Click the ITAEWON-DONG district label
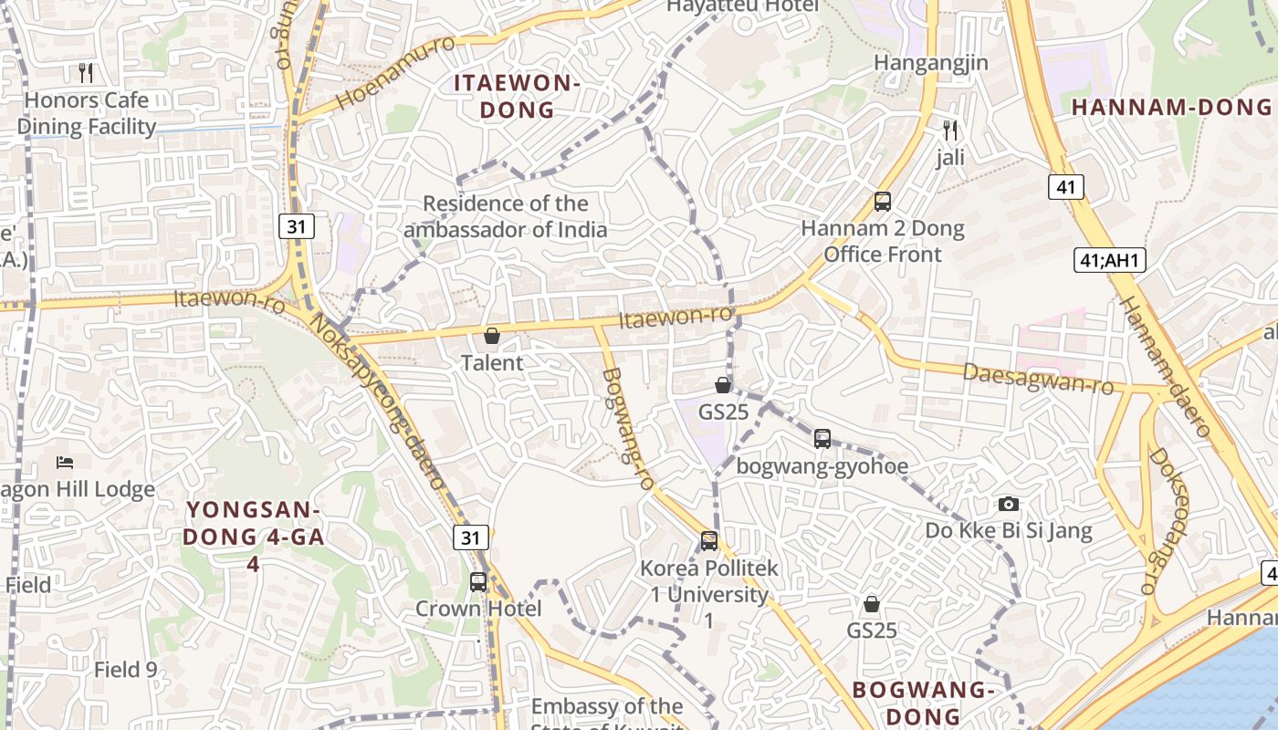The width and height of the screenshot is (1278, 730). point(517,97)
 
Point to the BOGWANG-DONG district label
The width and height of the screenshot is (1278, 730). point(922,703)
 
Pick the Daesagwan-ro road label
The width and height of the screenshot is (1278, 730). point(1039,379)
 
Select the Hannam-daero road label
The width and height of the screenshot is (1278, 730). point(1164,365)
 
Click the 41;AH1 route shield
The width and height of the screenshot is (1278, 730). point(1109,261)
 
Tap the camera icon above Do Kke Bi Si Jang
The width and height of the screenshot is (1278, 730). point(1008,504)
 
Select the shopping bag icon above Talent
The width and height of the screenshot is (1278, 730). point(492,336)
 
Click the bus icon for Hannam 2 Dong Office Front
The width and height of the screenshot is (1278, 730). point(882,202)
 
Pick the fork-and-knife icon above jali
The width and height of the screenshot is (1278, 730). point(950,130)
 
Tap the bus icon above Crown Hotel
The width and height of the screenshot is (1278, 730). point(478,581)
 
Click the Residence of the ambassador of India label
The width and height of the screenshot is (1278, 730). point(505,216)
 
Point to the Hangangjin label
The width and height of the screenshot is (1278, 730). point(931,63)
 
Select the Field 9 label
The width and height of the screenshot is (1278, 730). point(125,670)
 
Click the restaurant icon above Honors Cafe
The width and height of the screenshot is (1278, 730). point(86,72)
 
